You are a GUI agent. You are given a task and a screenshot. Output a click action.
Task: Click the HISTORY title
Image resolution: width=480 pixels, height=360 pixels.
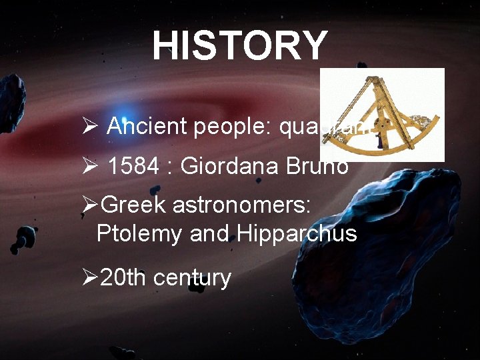pos(240,45)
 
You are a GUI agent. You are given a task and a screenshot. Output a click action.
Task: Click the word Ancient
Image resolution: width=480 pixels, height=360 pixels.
pos(147,126)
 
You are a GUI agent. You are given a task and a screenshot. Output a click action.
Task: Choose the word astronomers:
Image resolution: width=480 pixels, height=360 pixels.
pos(241,205)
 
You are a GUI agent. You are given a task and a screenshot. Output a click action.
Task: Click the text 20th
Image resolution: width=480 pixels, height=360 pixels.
pos(123,277)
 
